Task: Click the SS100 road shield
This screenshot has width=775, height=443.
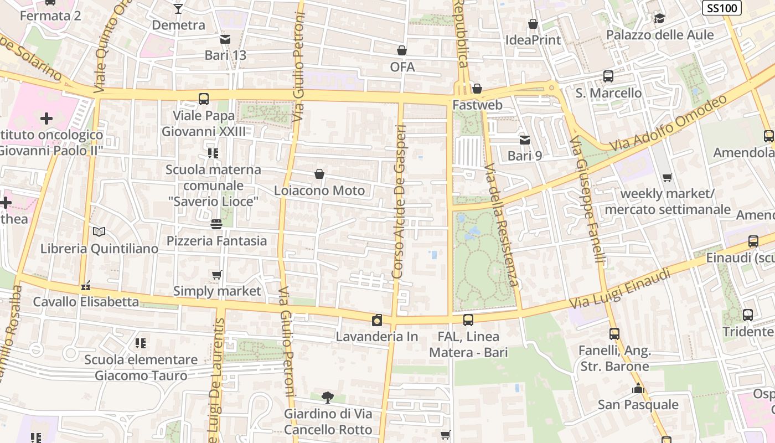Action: tap(722, 8)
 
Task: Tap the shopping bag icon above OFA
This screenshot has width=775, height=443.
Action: tap(402, 50)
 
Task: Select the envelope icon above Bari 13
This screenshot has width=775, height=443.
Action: tap(225, 39)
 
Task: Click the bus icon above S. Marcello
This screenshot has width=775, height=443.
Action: tap(608, 76)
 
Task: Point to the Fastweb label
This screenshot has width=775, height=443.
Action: tap(477, 105)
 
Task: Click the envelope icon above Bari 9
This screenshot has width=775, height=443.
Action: tap(524, 140)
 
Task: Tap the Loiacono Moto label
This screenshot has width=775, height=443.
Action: tap(319, 190)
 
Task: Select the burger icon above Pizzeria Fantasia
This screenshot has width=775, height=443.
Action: tap(216, 224)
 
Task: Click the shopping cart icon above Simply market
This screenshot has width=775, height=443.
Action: tap(217, 275)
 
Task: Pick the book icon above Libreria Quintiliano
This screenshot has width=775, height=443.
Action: tap(99, 232)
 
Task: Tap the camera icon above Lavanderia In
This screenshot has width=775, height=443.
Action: tap(377, 320)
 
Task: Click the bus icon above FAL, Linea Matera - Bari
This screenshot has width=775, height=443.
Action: tap(468, 320)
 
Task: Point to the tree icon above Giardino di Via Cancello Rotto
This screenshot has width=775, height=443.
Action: tap(328, 397)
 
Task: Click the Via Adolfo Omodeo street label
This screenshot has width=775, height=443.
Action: tap(668, 123)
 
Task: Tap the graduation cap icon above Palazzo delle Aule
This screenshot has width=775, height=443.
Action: tap(659, 19)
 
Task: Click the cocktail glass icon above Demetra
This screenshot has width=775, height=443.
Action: tap(178, 8)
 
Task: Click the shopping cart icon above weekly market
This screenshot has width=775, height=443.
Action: tap(668, 178)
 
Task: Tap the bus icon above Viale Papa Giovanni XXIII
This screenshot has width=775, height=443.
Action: tap(203, 99)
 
